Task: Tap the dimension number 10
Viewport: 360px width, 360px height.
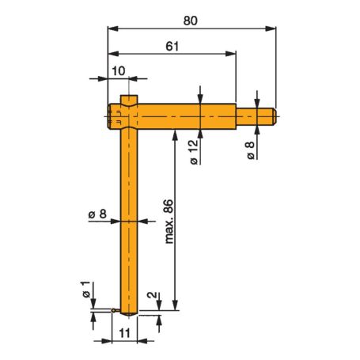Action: tap(118, 70)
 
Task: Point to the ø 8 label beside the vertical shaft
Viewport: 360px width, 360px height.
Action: tap(97, 214)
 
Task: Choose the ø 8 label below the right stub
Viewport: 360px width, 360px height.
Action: tap(250, 150)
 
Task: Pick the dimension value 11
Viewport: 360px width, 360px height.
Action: tap(126, 333)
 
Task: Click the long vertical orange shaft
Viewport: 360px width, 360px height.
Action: tap(131, 222)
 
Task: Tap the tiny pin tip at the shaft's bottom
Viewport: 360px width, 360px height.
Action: tap(117, 310)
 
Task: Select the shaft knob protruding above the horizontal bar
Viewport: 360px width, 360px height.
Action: tap(131, 100)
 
